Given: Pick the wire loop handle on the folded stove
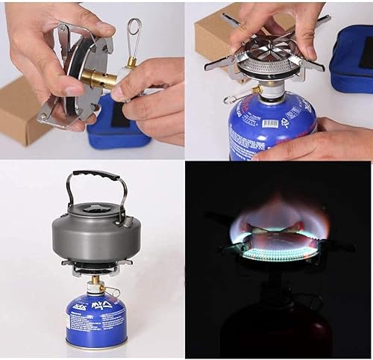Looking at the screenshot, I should (134, 37).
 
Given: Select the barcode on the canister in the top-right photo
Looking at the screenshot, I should (271, 122).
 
